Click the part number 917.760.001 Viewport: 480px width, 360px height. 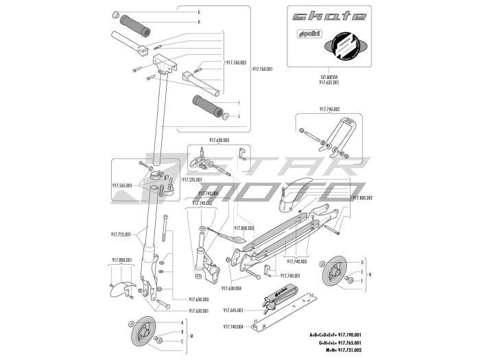[x=263, y=69]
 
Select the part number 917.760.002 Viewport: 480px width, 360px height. [x=235, y=62]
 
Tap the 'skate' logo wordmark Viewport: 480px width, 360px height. [x=328, y=16]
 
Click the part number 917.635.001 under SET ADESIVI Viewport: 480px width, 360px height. [x=329, y=82]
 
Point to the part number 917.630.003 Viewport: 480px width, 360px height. [x=197, y=300]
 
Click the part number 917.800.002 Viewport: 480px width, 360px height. [x=363, y=197]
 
